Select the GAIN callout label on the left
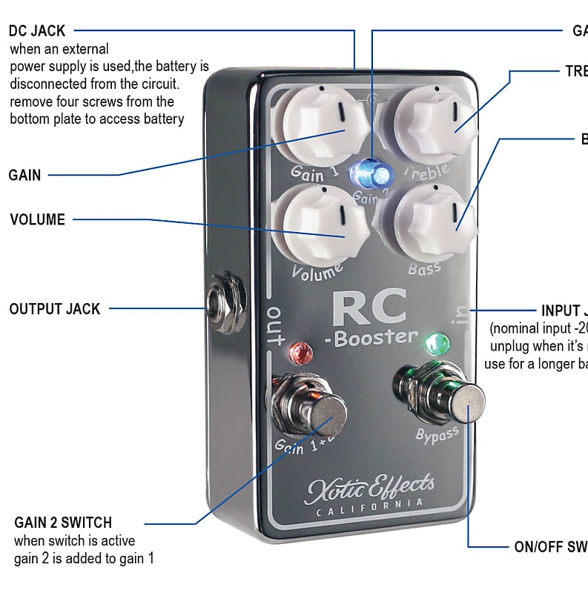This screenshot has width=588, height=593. pyautogui.click(x=24, y=176)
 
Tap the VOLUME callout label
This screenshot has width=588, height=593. pyautogui.click(x=37, y=220)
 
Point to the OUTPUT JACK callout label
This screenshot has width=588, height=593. pyautogui.click(x=55, y=309)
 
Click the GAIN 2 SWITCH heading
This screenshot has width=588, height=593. pyautogui.click(x=63, y=523)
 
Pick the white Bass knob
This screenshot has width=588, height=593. pyautogui.click(x=429, y=219)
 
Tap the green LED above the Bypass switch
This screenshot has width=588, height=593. pyautogui.click(x=437, y=343)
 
